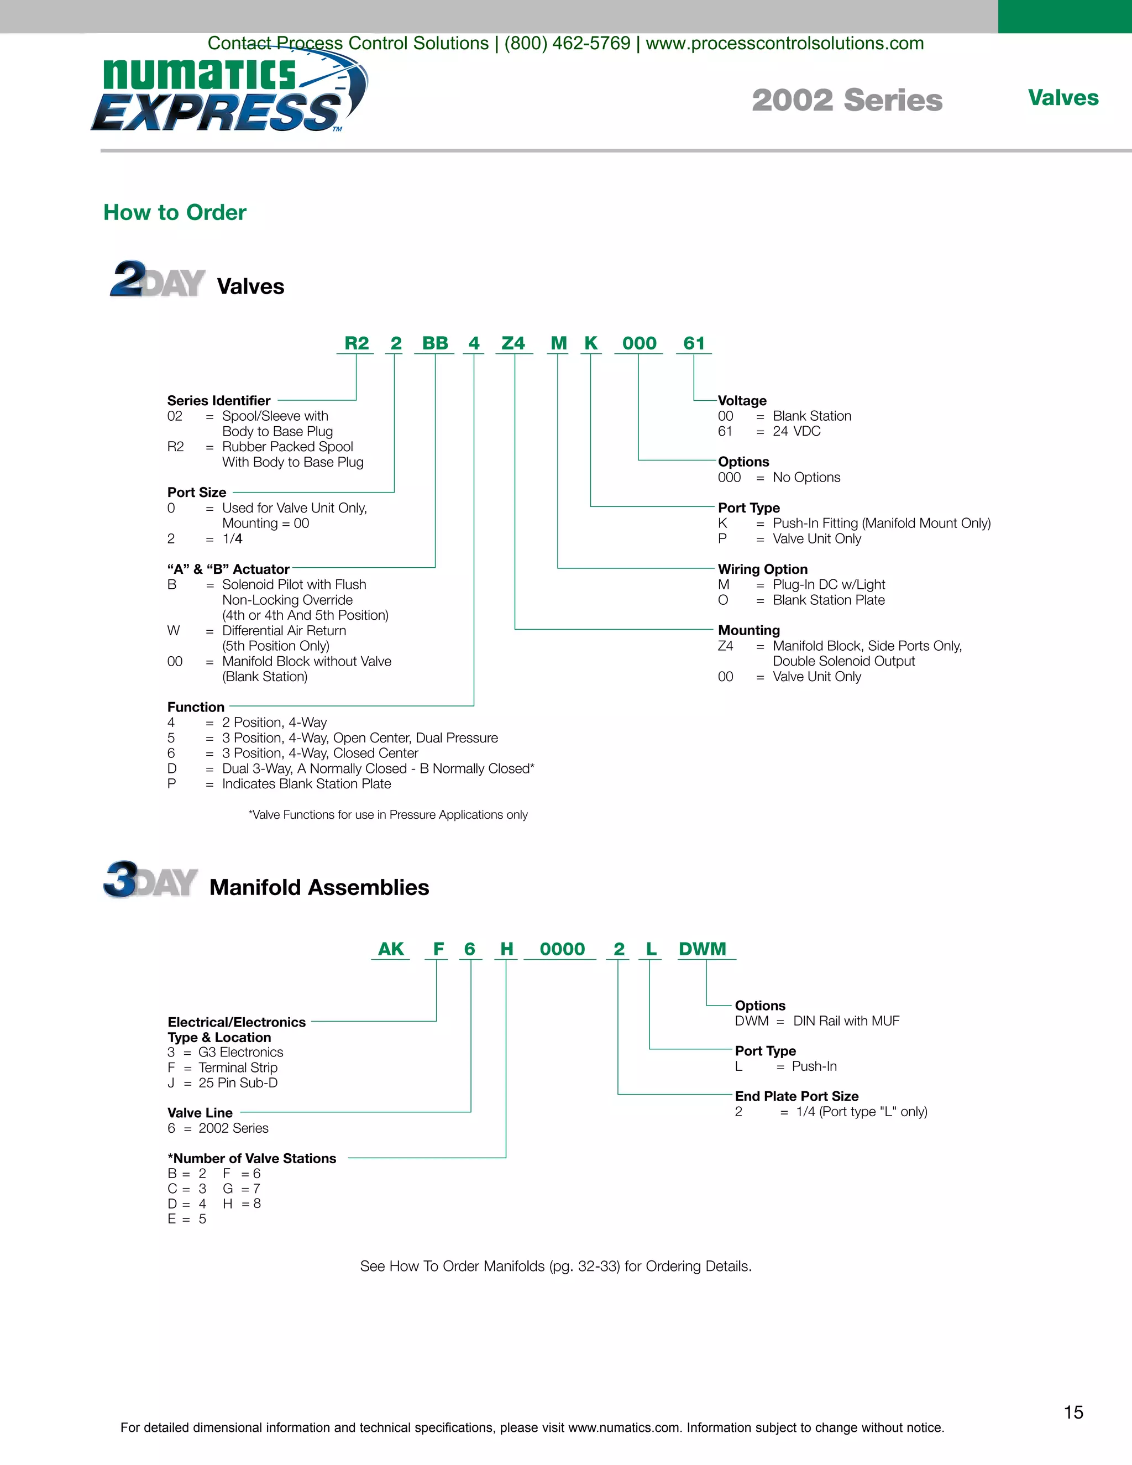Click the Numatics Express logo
228,94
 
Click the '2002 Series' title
846,100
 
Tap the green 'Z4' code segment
513,343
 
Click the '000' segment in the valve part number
638,343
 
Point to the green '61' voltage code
694,343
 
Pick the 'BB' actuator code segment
434,343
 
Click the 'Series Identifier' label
219,400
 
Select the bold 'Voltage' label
742,400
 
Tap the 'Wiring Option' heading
762,569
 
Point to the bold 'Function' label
196,707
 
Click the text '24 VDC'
796,431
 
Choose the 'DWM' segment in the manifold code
702,949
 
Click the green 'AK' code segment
391,949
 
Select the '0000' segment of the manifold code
562,949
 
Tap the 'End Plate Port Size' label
796,1096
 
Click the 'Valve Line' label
200,1113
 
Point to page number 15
1073,1412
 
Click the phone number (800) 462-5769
567,44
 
